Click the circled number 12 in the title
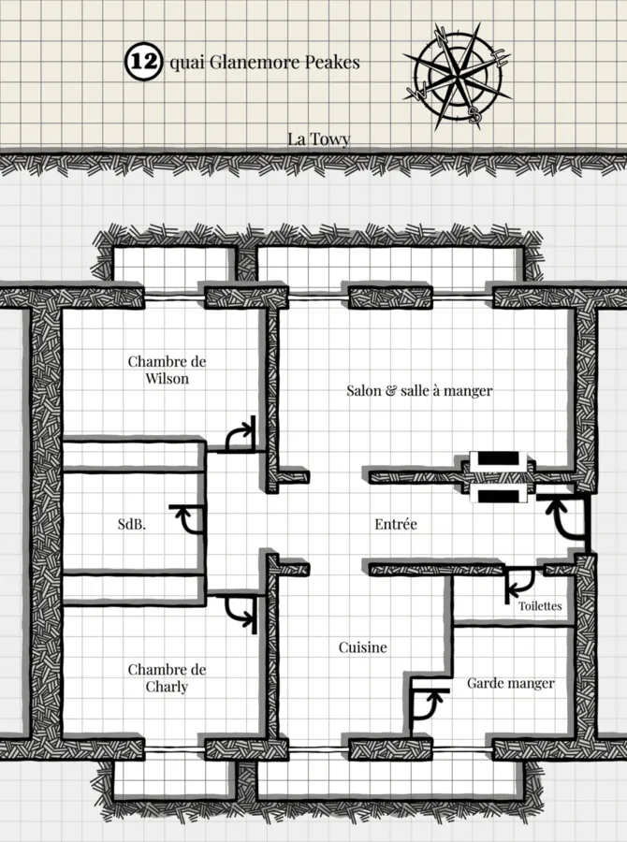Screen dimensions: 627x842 (143, 63)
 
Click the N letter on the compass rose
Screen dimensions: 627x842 (441, 35)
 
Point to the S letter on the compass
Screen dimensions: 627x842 (474, 114)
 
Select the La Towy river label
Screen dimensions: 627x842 (318, 139)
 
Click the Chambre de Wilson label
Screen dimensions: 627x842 (167, 370)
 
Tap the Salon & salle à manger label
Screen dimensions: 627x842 (419, 390)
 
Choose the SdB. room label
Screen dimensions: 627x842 (132, 524)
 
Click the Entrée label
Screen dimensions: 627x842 (396, 524)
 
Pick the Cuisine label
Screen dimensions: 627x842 (363, 647)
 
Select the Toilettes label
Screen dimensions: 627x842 (540, 605)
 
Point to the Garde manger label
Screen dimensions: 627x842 (510, 683)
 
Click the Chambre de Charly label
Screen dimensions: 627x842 (167, 678)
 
